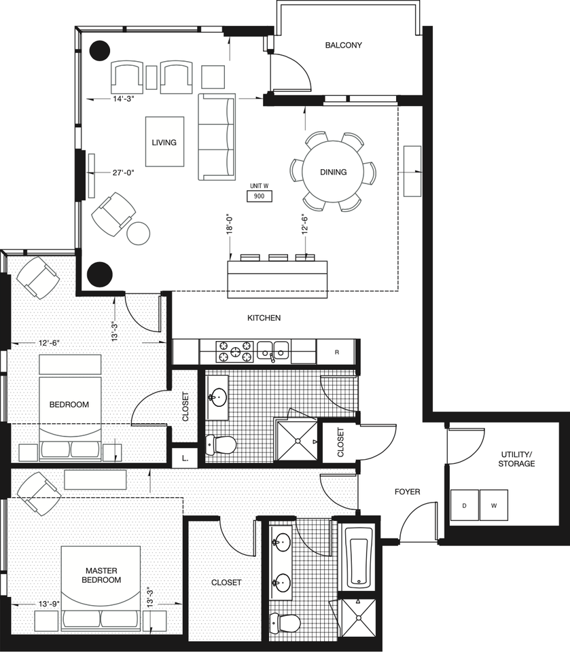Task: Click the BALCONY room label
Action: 343,45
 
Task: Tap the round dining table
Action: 333,172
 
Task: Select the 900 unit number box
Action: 260,196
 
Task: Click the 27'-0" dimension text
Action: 123,172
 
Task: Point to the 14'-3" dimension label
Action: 123,99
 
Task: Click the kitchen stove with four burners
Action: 234,351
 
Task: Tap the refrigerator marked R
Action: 336,352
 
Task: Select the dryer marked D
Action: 464,505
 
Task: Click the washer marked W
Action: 494,505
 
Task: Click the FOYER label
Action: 408,492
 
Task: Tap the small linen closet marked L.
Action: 185,458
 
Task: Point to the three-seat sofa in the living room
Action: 217,137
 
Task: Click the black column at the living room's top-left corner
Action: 100,50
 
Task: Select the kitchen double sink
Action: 273,350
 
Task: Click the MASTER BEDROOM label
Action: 101,575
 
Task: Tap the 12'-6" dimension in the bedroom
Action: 49,343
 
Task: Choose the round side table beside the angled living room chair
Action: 138,234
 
